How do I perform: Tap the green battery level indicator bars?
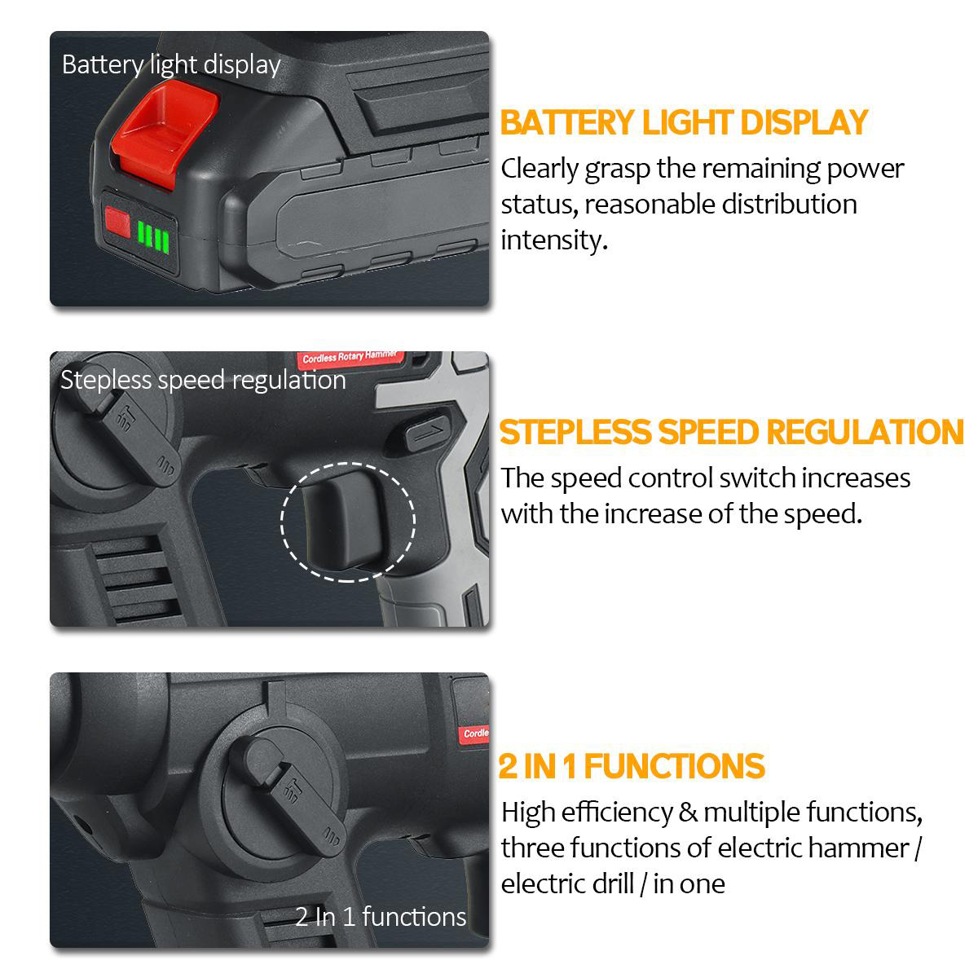(153, 236)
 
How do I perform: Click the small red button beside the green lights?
(117, 221)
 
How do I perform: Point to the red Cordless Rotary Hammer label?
(349, 358)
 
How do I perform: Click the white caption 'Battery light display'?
(171, 64)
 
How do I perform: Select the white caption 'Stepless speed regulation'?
(203, 381)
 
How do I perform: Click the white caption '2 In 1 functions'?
(381, 917)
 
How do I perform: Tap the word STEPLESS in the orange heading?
(575, 432)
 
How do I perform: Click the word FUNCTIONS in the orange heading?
(674, 766)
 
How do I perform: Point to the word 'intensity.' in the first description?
(554, 240)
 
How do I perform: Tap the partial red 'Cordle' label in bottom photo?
(475, 733)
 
